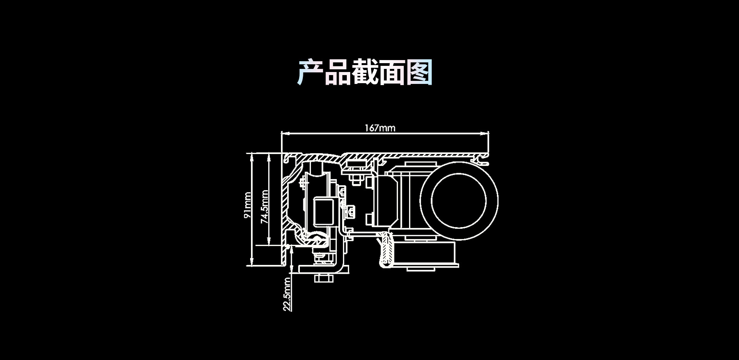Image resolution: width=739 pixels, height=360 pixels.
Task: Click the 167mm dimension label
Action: coord(380,128)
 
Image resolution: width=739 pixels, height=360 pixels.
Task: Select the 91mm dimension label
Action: coord(248,205)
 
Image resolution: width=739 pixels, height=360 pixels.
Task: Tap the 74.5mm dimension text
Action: coord(265,207)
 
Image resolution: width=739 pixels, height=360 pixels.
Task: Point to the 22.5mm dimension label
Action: coord(287,294)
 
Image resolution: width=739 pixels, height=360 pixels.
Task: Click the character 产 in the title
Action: coord(310,72)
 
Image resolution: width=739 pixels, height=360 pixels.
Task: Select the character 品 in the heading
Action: coord(338,72)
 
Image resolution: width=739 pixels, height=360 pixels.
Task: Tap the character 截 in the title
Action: coord(365,72)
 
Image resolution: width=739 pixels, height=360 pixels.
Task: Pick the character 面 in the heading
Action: coord(392,72)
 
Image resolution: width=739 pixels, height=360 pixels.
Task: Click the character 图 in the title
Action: coord(420,72)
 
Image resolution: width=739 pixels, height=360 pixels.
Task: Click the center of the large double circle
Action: coord(459,201)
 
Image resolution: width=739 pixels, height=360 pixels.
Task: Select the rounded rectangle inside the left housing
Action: coord(324,212)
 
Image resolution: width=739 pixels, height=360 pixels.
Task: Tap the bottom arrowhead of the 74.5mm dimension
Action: coord(269,241)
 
